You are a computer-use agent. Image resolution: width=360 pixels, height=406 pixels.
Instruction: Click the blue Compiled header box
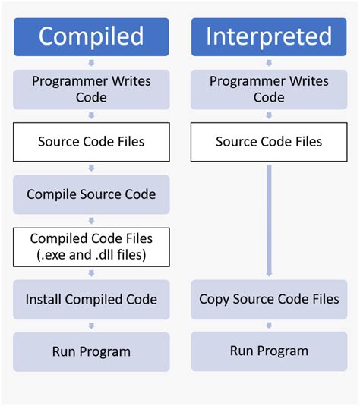point(91,36)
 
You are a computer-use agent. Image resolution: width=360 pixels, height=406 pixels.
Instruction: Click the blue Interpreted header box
point(269,36)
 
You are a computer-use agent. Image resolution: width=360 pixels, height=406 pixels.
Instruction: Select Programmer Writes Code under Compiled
point(91,89)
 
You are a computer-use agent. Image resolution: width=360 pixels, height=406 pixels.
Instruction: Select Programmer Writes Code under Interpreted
point(269,89)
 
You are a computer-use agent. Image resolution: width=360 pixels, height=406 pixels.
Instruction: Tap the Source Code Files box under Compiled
point(91,142)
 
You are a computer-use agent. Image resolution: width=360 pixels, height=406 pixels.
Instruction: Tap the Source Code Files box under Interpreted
point(269,142)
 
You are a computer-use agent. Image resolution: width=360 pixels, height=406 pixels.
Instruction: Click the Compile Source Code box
point(91,194)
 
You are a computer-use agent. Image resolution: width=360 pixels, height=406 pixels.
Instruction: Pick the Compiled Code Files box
point(91,247)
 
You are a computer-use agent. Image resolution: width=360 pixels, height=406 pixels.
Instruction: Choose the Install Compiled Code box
point(91,299)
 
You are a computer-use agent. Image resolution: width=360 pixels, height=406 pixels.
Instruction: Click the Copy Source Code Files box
point(269,299)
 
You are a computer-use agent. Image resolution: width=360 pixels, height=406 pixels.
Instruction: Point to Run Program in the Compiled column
point(91,351)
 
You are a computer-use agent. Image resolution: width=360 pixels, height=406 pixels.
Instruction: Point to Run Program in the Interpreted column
point(269,351)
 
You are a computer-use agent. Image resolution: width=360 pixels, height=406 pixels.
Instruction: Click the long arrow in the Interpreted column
point(269,220)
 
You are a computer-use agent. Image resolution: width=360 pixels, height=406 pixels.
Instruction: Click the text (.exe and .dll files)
point(91,255)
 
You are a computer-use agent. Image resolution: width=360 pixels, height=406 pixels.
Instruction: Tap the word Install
point(45,299)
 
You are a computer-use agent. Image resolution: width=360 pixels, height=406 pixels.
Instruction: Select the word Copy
point(214,299)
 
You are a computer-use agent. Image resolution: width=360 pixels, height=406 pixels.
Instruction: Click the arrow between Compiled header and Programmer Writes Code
point(91,62)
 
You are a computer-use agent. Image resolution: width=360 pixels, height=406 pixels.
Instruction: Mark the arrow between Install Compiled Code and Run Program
point(91,325)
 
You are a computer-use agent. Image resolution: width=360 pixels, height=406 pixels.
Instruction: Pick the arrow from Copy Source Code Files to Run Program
point(269,325)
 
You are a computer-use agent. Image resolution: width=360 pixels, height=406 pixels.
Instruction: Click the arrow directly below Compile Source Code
point(91,220)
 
